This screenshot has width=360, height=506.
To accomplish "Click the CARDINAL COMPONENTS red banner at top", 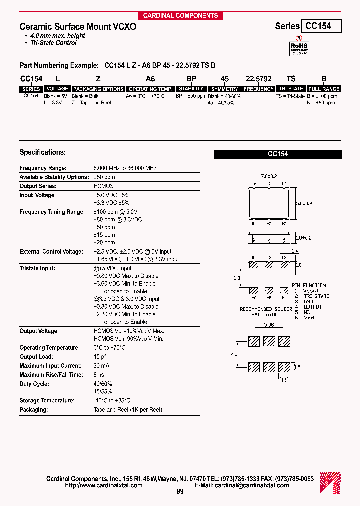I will click(180, 15).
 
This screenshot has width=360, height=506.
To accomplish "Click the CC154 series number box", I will click(321, 26).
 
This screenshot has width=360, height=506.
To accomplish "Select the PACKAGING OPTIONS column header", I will click(98, 89).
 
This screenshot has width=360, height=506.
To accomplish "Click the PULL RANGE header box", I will click(324, 89).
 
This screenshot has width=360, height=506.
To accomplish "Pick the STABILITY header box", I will click(191, 89).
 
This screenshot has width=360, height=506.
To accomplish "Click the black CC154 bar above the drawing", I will click(278, 154).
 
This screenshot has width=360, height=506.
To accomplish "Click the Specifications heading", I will click(42, 152).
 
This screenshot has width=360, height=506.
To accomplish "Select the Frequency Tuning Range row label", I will click(52, 212).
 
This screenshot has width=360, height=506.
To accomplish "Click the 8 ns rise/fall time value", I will click(99, 375).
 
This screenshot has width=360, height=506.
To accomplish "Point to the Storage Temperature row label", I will click(47, 401).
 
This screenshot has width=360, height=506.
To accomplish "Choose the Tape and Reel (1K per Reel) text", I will click(128, 410).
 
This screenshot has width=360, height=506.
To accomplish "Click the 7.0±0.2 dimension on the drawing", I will click(269, 176).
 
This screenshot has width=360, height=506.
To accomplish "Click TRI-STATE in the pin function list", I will click(317, 296).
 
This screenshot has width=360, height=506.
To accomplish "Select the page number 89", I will click(180, 492).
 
